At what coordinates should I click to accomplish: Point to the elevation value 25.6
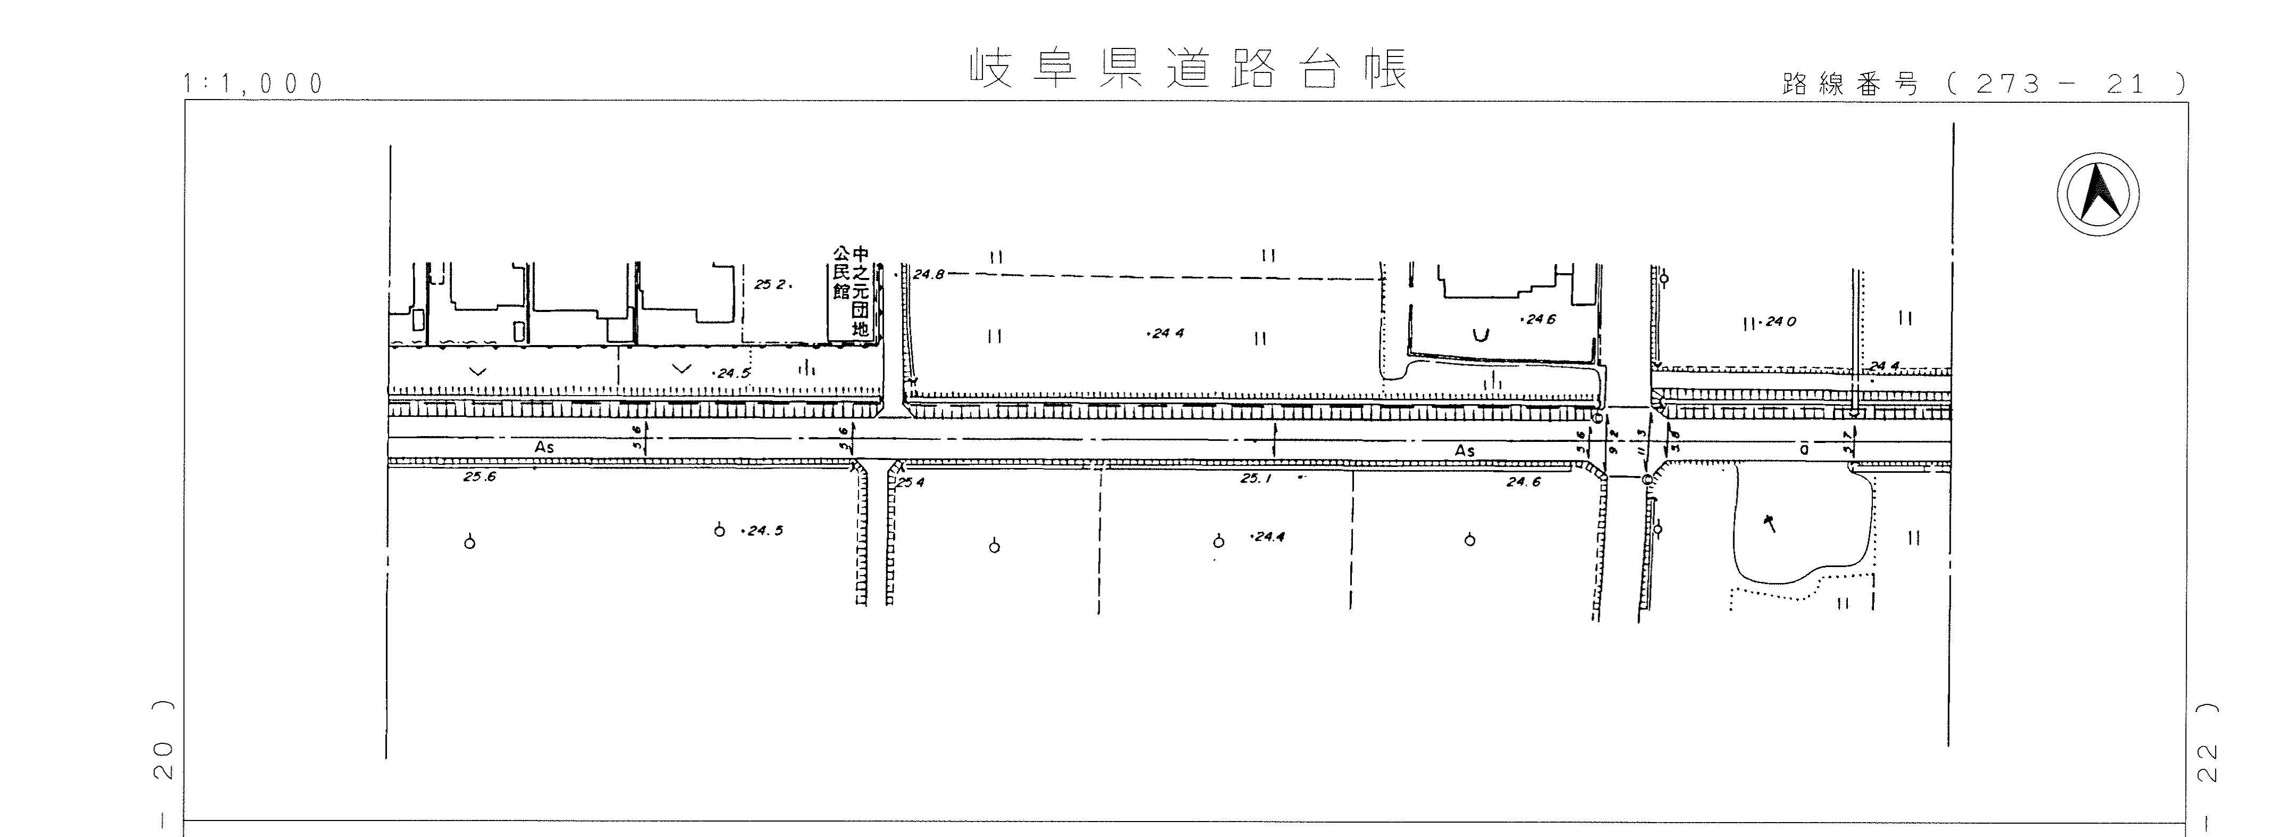pos(479,477)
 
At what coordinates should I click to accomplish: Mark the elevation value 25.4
pos(911,482)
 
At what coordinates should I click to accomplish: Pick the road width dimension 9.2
pos(1614,441)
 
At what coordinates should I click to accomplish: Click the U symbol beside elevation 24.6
pos(1480,335)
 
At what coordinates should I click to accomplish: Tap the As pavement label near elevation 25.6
pos(544,448)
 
